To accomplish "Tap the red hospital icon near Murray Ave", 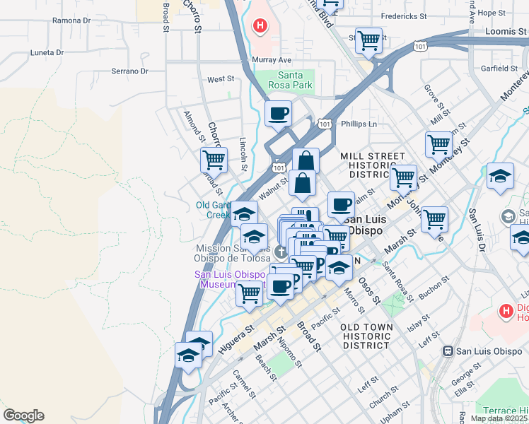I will pyautogui.click(x=260, y=27).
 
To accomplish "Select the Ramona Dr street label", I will pyautogui.click(x=71, y=21).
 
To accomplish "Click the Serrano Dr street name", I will pyautogui.click(x=129, y=71).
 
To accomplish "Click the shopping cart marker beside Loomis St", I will pyautogui.click(x=368, y=40).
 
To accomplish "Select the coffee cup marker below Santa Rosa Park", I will pyautogui.click(x=278, y=113).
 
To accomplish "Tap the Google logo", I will pyautogui.click(x=23, y=416).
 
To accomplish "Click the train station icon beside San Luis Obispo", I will pyautogui.click(x=448, y=351).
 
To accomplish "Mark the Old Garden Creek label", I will pyautogui.click(x=214, y=210).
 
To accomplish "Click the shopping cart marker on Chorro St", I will pyautogui.click(x=214, y=160).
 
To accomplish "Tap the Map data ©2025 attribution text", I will pyautogui.click(x=499, y=418).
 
